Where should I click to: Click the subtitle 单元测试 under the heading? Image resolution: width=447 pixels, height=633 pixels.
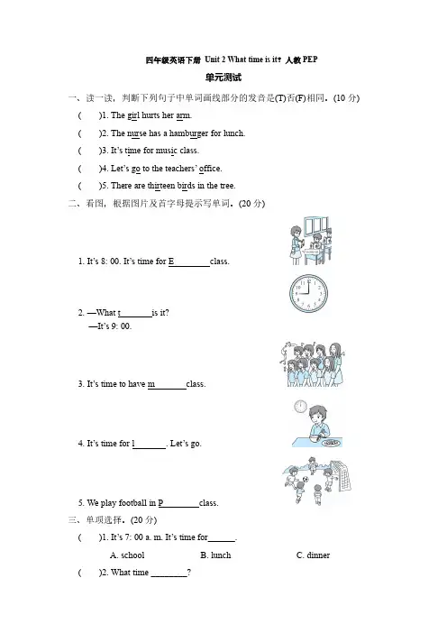click(223, 78)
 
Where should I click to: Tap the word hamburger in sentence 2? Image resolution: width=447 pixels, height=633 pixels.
click(189, 133)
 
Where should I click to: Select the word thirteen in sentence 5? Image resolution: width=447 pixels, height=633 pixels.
click(161, 186)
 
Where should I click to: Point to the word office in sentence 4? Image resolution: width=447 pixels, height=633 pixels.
click(210, 169)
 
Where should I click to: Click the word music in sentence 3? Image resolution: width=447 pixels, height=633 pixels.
click(167, 151)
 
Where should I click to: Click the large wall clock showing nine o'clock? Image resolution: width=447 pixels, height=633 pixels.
click(308, 293)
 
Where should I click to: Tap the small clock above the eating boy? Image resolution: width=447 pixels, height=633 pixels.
click(300, 406)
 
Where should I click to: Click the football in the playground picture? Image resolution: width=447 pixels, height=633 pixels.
click(306, 479)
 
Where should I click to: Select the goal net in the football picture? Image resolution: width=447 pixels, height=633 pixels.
click(341, 475)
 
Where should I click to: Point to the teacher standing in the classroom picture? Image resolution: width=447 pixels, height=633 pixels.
click(296, 245)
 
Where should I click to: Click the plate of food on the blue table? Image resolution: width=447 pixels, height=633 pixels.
click(332, 443)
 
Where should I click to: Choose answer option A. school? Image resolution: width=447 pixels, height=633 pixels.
click(127, 555)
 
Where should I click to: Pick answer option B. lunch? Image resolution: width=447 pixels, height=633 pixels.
click(215, 555)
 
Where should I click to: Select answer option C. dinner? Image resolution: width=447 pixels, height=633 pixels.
click(313, 555)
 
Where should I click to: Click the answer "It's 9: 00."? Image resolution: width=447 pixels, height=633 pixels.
click(110, 326)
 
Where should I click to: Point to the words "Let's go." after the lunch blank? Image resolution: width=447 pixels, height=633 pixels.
click(186, 444)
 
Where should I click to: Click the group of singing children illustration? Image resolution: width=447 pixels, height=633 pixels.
click(313, 364)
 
